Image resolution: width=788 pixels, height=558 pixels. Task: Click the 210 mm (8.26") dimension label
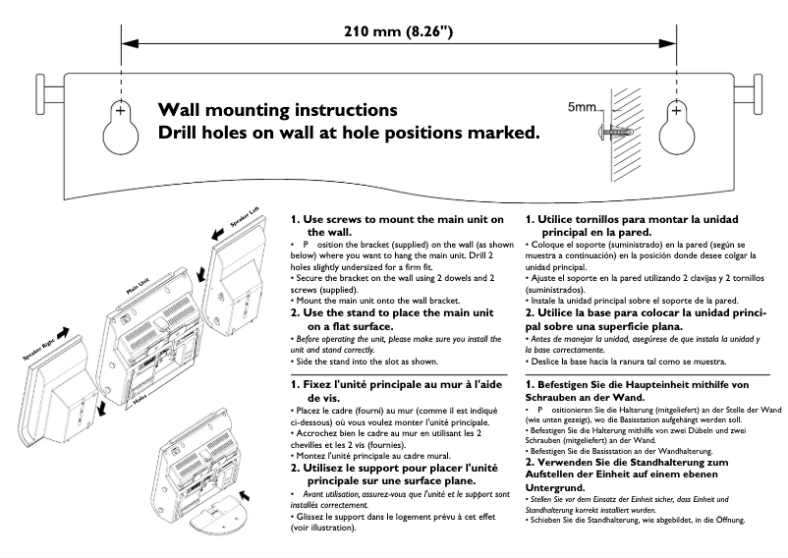point(398,30)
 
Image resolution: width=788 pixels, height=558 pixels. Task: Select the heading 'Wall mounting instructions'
point(278,109)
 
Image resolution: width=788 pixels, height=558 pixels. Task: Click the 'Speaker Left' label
point(245,217)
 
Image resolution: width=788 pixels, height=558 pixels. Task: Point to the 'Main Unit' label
point(138,286)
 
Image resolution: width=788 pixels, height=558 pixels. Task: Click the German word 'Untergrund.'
point(554,487)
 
